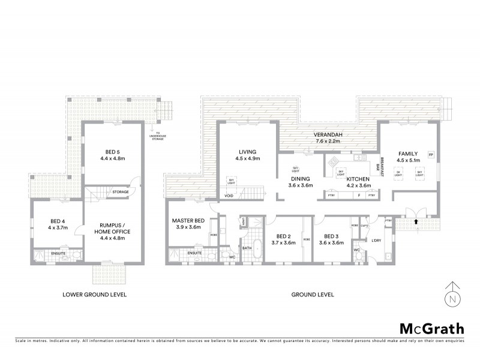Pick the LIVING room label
point(247,152)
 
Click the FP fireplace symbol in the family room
point(430,155)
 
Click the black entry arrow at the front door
point(415,221)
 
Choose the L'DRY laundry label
point(377,241)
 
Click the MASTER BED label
point(188,221)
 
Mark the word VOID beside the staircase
point(229,196)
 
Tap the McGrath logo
point(431,328)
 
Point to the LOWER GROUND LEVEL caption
point(98,295)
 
